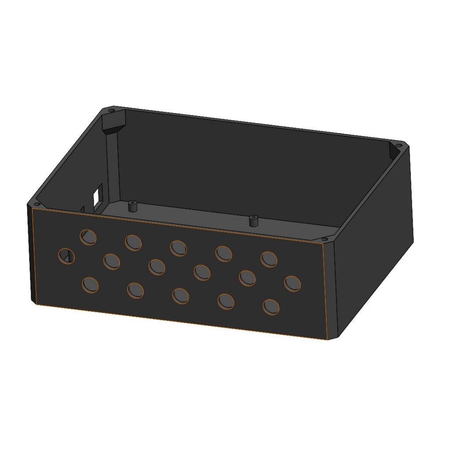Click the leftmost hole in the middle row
[67, 256]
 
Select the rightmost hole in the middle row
[293, 283]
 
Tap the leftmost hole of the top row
[88, 237]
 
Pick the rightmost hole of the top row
[269, 259]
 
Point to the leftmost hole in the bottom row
[90, 285]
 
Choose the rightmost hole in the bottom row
[271, 306]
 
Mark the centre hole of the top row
[178, 248]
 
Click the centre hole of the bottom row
[181, 296]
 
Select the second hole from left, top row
[133, 242]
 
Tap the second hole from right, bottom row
[226, 301]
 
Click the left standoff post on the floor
[131, 206]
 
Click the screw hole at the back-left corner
[111, 110]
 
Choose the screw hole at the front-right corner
[325, 239]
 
